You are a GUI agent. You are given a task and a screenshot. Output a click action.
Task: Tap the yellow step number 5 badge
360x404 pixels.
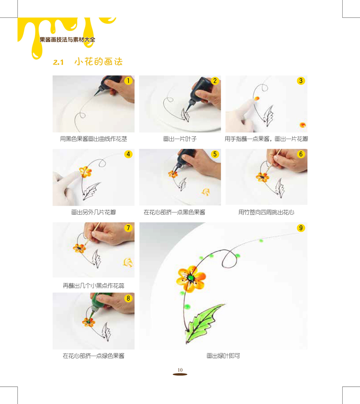click(x=215, y=155)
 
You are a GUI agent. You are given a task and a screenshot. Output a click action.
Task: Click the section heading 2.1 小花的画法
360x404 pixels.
click(x=87, y=62)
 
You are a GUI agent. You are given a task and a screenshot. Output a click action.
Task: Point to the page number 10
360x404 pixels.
click(x=180, y=369)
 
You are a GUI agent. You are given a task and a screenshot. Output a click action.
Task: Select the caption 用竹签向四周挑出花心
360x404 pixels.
click(x=266, y=212)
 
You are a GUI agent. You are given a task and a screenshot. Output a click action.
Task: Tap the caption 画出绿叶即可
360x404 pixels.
click(x=223, y=356)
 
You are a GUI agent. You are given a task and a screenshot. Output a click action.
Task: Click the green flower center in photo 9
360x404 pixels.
click(x=190, y=277)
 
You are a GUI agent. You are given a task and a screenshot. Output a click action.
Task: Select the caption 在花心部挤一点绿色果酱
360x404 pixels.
click(x=93, y=356)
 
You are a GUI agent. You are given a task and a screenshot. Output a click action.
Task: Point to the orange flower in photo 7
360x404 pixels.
click(x=80, y=248)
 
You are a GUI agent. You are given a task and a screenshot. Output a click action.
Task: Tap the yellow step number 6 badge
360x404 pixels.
click(x=301, y=155)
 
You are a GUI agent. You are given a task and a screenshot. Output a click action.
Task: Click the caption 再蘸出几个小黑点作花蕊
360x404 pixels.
click(x=93, y=285)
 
